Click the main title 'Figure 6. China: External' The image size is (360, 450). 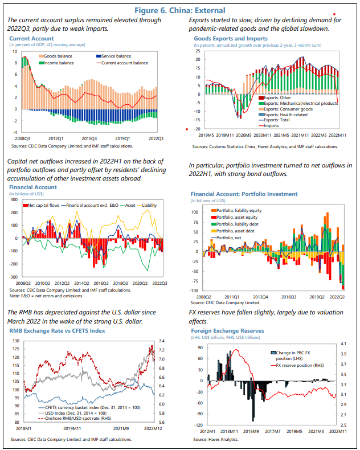point(179,10)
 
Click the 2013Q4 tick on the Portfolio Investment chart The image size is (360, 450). point(260,297)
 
